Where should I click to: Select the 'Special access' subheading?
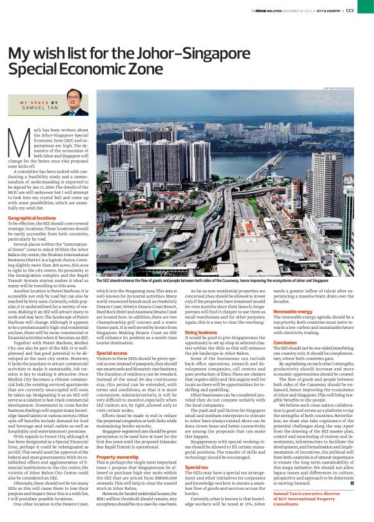pyautogui.click(x=112, y=353)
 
